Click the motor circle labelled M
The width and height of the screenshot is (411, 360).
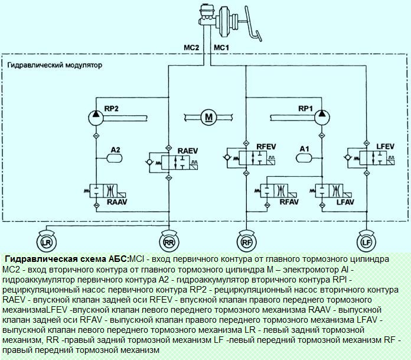tap(208, 118)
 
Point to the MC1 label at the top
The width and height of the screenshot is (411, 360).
tap(221, 47)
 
